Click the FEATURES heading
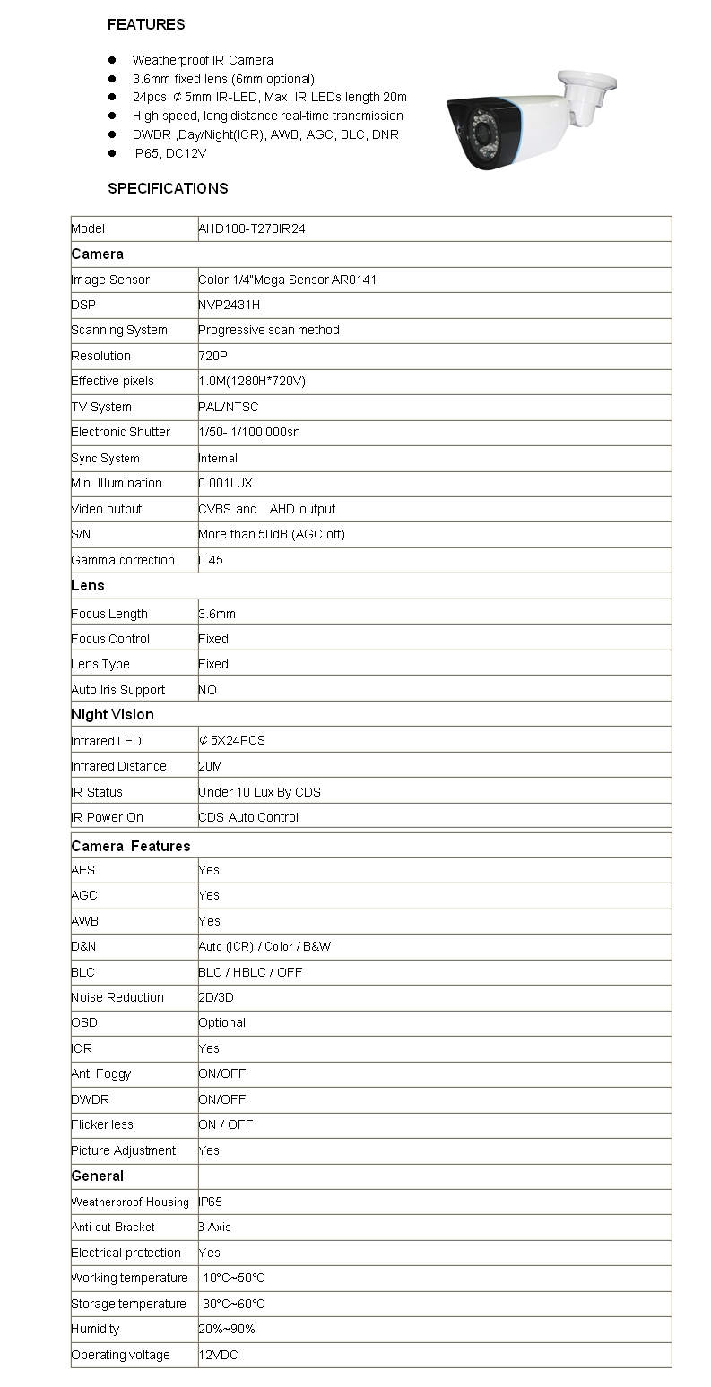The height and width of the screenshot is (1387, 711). click(146, 25)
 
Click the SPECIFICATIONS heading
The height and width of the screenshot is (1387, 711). click(168, 188)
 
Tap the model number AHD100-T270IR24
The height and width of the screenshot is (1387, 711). click(252, 229)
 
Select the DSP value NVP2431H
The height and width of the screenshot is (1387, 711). click(229, 306)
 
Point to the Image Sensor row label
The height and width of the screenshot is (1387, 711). click(110, 280)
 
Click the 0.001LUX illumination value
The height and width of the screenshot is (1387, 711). click(225, 484)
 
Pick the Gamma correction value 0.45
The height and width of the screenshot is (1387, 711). click(211, 561)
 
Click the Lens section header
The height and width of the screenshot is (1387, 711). click(88, 586)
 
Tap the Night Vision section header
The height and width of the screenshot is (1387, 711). click(112, 715)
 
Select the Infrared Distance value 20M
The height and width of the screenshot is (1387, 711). click(211, 767)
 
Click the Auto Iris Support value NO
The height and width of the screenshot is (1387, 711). click(207, 691)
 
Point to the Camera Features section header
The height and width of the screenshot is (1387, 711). click(131, 847)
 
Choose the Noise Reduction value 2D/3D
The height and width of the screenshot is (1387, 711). click(216, 998)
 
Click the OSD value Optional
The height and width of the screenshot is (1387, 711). click(221, 1023)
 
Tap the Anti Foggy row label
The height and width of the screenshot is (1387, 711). click(100, 1074)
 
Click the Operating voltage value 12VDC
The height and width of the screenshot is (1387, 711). click(218, 1356)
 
